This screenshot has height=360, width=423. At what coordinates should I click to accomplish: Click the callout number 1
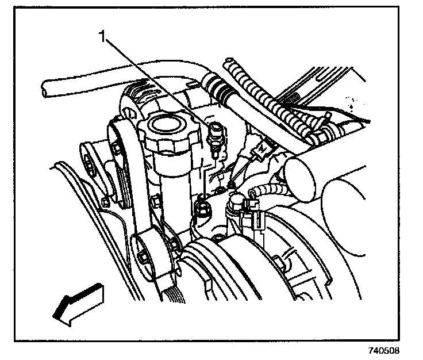(x=102, y=38)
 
